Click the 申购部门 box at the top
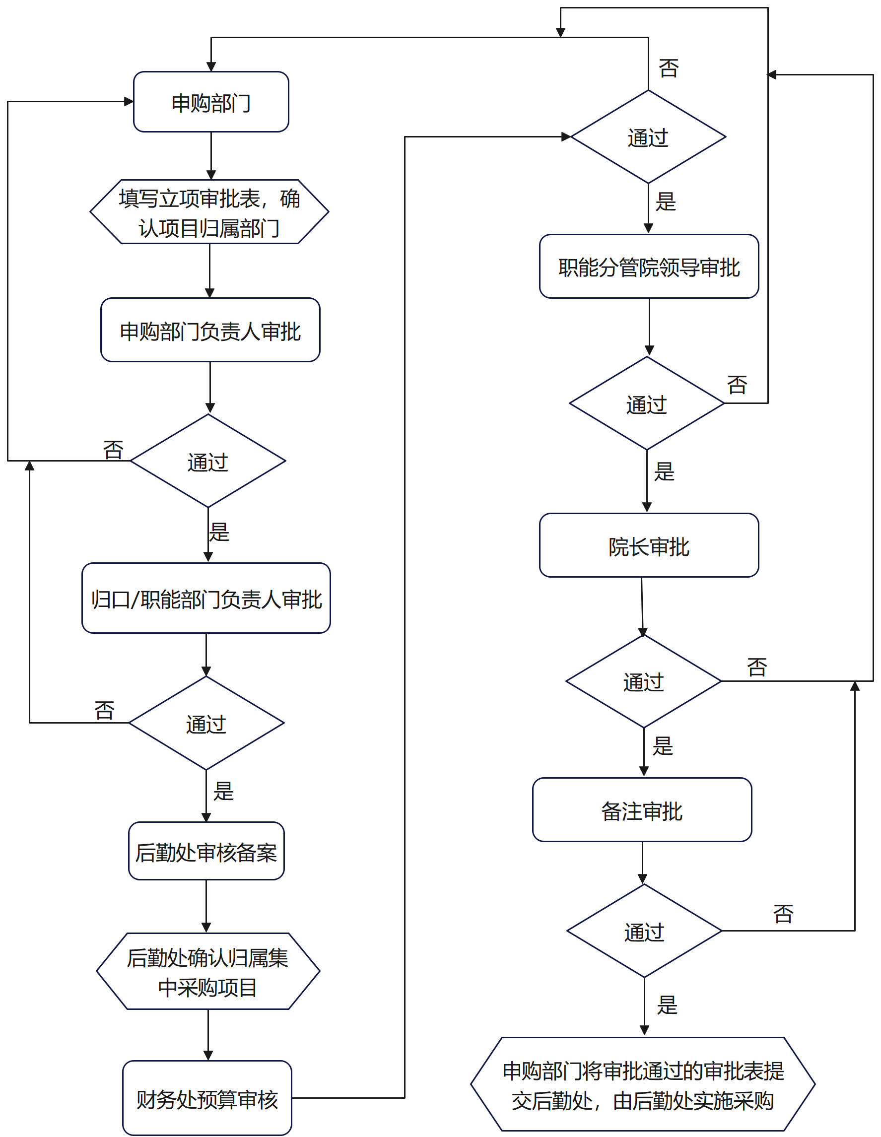[x=211, y=102]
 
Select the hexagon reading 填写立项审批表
[x=209, y=212]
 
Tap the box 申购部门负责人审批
[x=210, y=330]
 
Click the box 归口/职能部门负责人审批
[x=206, y=598]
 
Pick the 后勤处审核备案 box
[x=206, y=851]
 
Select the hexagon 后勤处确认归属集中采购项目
[x=208, y=971]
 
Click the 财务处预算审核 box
[x=206, y=1098]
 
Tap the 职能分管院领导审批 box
[x=649, y=267]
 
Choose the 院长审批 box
[x=649, y=545]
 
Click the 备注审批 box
[x=642, y=810]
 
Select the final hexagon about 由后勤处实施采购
[x=643, y=1084]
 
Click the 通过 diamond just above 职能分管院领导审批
[x=648, y=137]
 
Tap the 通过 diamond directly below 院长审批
[x=644, y=681]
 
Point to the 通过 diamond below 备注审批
[x=645, y=932]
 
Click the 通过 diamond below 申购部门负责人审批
[x=208, y=461]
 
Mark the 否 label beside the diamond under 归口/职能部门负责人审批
[x=104, y=710]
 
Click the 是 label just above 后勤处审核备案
[x=223, y=791]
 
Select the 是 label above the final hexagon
[x=667, y=1005]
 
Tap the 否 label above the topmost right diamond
[x=669, y=68]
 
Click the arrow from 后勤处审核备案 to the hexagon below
[x=206, y=906]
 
